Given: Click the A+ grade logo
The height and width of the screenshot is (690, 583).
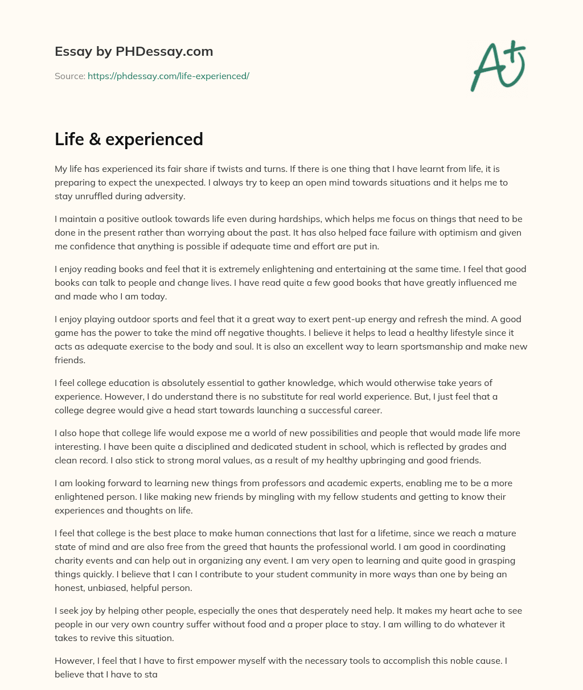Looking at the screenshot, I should [498, 65].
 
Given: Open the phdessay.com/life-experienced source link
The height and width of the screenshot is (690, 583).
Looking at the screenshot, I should [169, 76].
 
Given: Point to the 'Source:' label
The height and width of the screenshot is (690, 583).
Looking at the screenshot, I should [69, 76].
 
